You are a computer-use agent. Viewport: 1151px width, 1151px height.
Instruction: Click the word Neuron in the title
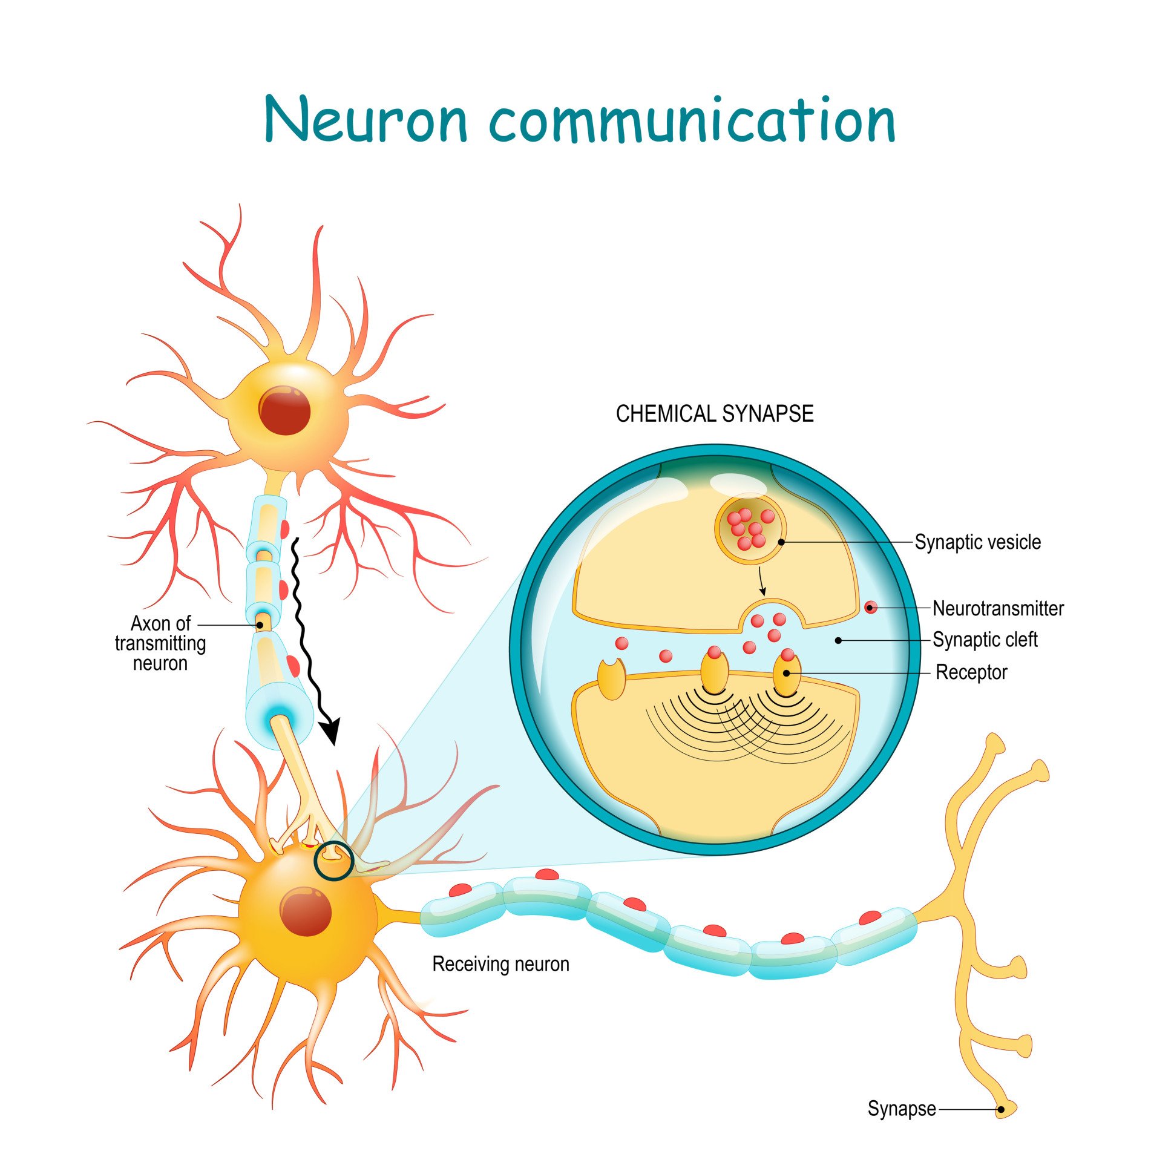coord(366,120)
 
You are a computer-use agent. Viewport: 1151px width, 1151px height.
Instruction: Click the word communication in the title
coord(692,120)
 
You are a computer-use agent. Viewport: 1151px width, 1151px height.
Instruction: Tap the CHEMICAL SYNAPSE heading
coord(714,414)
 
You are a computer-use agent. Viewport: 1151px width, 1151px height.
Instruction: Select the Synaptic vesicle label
coord(977,542)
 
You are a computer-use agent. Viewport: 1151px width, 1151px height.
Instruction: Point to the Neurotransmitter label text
coord(997,608)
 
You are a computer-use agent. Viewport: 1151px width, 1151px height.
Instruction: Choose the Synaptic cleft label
coord(985,640)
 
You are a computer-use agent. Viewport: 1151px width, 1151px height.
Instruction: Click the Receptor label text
coord(971,672)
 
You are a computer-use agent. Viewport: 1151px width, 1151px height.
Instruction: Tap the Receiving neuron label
coord(500,964)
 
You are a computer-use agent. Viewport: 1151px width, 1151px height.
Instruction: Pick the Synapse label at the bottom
coord(901,1109)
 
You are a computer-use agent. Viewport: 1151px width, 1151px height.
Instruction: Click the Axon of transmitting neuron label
coord(160,643)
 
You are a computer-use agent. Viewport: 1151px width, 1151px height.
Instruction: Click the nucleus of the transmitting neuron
coord(284,410)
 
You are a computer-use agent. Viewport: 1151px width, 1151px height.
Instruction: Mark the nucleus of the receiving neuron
coord(306,912)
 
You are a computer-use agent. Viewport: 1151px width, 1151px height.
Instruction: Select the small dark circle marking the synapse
coord(333,860)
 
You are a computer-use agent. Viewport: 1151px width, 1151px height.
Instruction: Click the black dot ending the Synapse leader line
coord(1001,1110)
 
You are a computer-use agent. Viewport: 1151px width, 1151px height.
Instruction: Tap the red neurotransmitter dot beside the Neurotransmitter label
coord(870,607)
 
